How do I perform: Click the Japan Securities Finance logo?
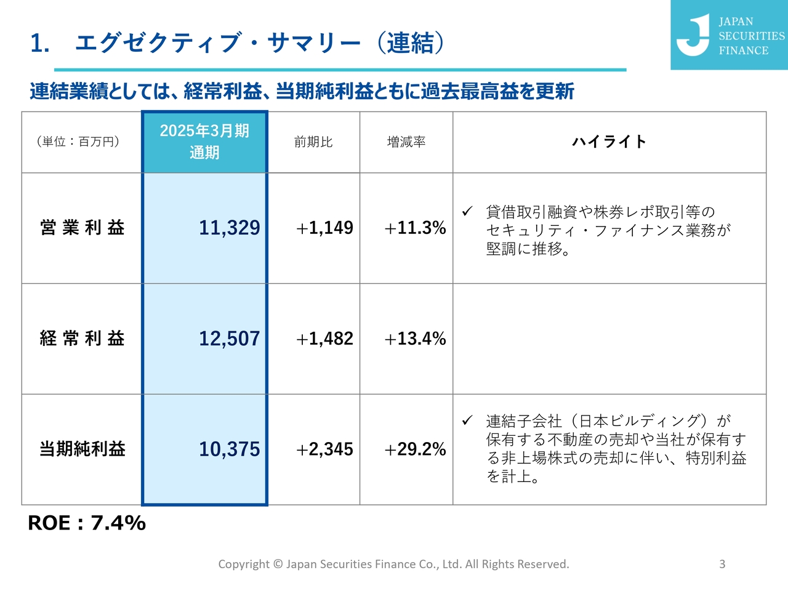(729, 35)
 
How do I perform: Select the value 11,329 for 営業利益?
(229, 228)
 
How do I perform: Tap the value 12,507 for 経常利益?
(229, 339)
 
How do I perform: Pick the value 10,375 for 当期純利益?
(229, 449)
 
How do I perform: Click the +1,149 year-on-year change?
(324, 228)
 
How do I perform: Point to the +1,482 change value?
(324, 339)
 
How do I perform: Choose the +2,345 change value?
(324, 449)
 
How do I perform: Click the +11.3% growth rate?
(415, 228)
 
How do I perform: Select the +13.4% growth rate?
(415, 339)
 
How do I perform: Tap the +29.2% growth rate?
(415, 449)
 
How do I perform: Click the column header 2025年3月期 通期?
(204, 142)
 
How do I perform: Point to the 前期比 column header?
(313, 142)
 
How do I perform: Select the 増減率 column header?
(406, 142)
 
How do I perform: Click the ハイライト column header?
(609, 142)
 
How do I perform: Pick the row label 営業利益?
(82, 228)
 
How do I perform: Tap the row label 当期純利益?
(82, 449)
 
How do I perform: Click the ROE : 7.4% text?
(87, 523)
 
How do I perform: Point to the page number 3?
(722, 564)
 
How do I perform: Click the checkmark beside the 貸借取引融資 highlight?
(467, 211)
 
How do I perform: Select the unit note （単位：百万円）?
(78, 142)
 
